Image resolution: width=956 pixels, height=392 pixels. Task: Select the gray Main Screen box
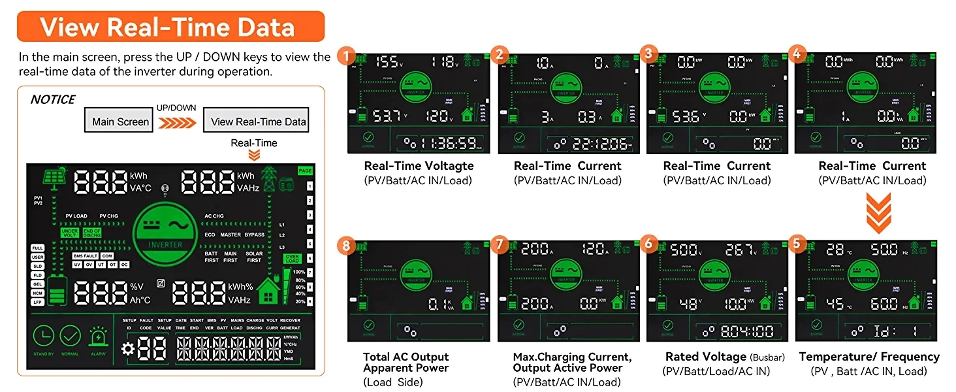(x=120, y=121)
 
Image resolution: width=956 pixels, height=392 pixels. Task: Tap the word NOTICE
(x=53, y=99)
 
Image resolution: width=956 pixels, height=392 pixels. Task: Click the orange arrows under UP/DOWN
(x=177, y=122)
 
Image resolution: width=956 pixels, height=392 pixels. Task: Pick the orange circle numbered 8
(x=346, y=246)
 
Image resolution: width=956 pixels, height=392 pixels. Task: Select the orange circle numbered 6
(x=648, y=243)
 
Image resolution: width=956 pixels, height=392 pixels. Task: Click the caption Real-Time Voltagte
(x=418, y=166)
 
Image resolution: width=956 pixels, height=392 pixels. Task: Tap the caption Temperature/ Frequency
(x=869, y=357)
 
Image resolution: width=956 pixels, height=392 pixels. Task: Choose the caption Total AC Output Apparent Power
(x=406, y=362)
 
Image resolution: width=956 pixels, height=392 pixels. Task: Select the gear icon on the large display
(x=128, y=349)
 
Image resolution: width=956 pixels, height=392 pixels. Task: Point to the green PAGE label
(x=305, y=171)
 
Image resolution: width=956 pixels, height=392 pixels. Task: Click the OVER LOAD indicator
(x=291, y=259)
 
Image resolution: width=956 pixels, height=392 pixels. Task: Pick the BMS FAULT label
(x=86, y=256)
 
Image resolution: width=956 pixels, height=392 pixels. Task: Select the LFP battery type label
(x=37, y=302)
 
